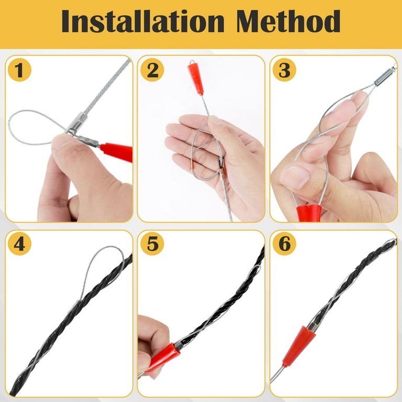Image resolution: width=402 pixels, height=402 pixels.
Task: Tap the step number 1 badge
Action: click(19, 70)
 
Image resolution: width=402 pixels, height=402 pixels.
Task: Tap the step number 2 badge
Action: click(152, 70)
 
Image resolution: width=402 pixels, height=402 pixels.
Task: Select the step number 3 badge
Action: click(284, 70)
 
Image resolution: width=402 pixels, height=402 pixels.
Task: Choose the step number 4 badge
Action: click(19, 243)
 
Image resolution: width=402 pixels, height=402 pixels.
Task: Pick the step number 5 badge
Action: click(152, 243)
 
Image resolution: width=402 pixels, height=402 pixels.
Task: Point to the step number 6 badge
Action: click(284, 243)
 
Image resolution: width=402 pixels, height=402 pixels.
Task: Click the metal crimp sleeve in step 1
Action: click(77, 122)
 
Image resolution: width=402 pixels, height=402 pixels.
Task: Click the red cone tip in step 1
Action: click(117, 152)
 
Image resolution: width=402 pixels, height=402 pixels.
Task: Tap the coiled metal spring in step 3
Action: click(385, 75)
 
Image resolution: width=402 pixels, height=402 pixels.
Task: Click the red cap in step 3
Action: click(309, 213)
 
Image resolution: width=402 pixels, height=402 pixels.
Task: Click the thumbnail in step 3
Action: click(295, 177)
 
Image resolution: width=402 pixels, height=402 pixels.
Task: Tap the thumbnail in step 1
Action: click(62, 142)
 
